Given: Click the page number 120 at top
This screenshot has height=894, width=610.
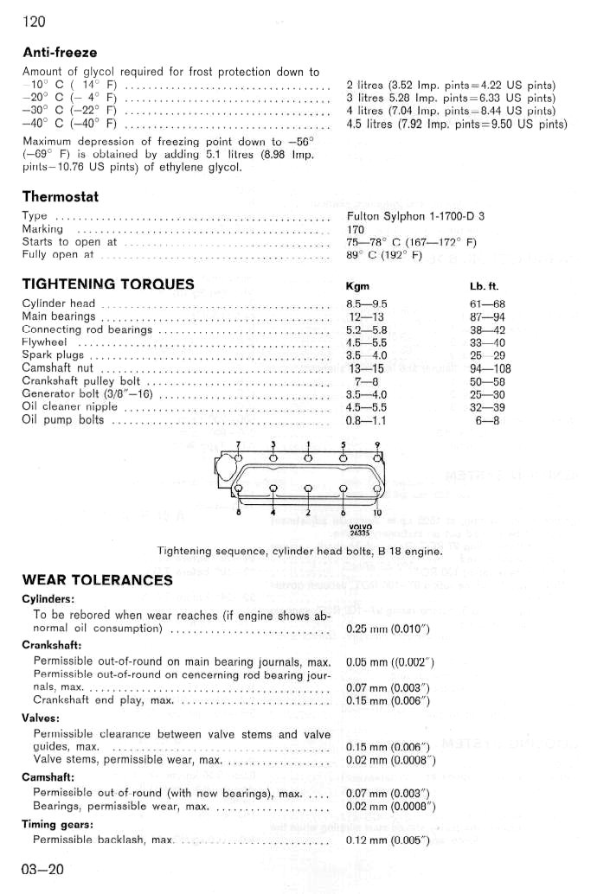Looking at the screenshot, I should click(34, 21).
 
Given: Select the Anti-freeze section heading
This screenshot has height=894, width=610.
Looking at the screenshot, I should click(60, 53).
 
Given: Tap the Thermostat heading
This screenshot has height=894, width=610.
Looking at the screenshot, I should click(61, 196).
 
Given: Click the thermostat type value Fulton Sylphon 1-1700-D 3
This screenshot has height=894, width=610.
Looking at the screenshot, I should click(415, 216).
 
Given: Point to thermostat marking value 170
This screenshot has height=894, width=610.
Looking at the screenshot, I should click(356, 229).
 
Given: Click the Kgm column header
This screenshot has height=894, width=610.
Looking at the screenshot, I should click(357, 286).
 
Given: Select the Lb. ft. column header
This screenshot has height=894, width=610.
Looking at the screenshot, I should click(484, 286).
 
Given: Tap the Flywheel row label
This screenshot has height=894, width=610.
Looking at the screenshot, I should click(45, 342).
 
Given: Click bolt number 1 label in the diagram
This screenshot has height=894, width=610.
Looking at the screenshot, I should click(307, 444).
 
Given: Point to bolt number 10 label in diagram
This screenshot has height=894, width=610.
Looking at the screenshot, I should click(378, 513).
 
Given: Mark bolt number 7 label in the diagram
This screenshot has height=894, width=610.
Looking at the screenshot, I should click(238, 444).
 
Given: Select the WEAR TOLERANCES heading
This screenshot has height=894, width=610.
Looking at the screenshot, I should click(97, 579).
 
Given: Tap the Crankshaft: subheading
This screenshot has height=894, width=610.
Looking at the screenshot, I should click(52, 645).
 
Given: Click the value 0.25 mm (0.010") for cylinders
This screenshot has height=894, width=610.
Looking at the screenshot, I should click(388, 629).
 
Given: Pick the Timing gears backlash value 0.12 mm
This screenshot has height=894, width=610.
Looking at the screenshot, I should click(388, 840).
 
